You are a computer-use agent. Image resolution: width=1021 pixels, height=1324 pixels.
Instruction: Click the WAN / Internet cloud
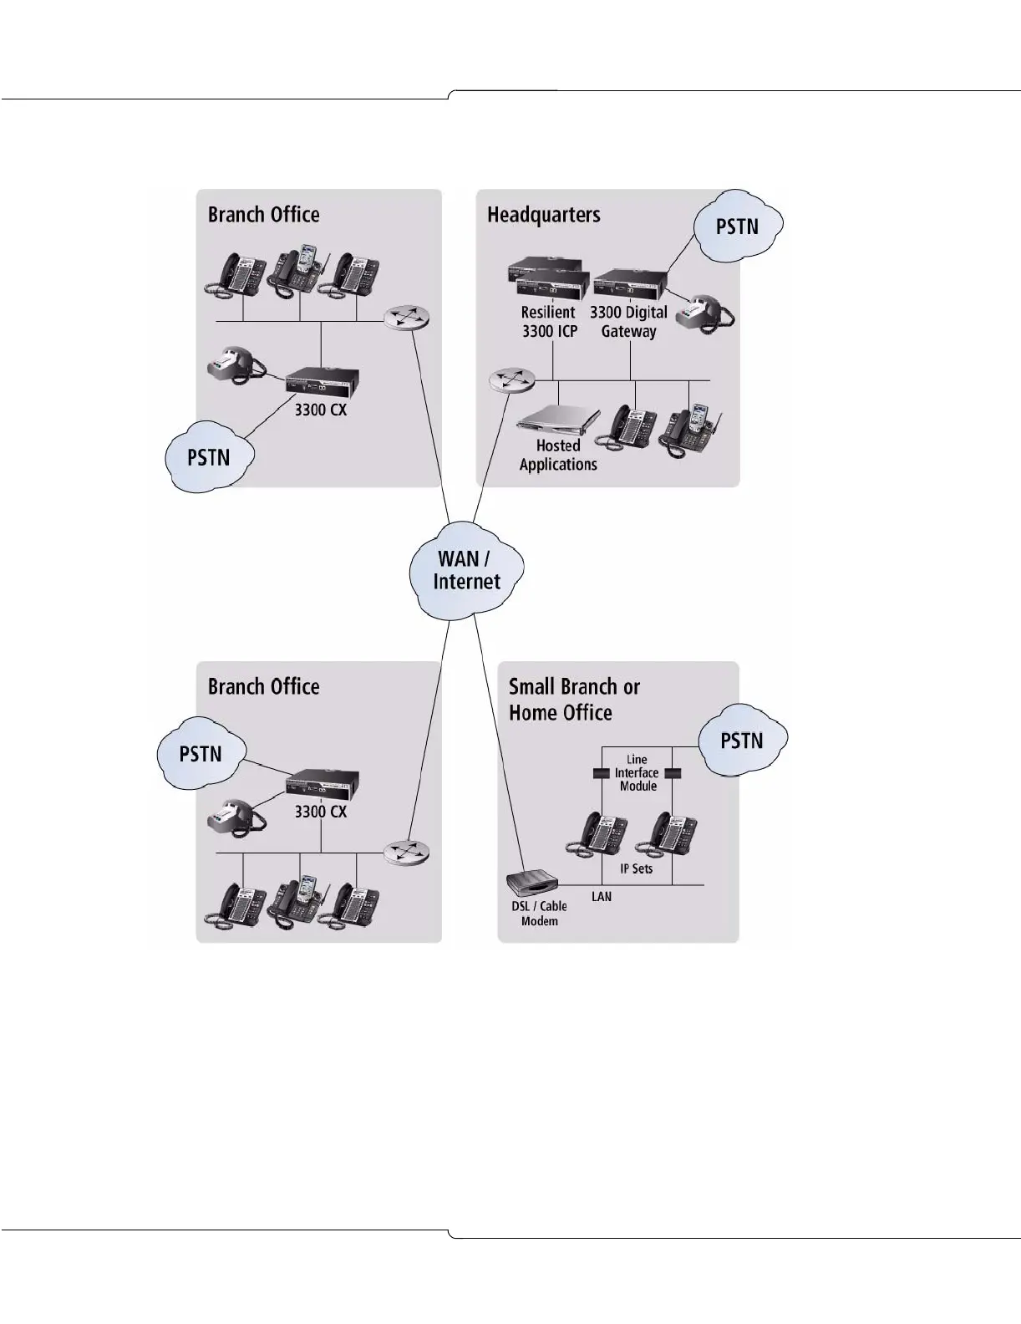point(466,571)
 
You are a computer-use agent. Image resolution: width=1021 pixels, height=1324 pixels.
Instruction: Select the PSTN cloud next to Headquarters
point(737,226)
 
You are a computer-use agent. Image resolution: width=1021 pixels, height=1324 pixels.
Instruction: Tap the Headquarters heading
point(543,215)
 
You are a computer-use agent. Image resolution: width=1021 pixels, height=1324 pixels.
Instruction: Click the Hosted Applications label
point(558,456)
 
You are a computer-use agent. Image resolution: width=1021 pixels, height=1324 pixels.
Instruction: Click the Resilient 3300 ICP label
point(548,322)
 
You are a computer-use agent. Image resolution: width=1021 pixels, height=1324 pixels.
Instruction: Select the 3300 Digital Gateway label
point(628,322)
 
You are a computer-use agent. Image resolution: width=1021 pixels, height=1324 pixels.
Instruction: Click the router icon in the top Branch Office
point(407,318)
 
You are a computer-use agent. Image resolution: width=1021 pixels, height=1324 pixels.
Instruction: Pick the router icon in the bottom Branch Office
point(407,852)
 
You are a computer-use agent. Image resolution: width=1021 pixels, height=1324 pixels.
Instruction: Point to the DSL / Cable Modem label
point(539,914)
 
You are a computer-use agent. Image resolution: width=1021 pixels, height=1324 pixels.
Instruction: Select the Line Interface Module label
point(637,773)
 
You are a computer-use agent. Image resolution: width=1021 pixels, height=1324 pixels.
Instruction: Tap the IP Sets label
point(636,869)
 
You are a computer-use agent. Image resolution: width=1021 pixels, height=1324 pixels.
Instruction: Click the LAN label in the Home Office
point(602,897)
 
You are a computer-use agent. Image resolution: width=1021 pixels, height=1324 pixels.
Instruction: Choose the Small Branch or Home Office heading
point(574,700)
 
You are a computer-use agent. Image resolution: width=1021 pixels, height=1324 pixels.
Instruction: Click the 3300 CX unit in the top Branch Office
point(322,383)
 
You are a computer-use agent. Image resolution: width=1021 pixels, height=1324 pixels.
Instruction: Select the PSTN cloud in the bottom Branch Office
point(201,754)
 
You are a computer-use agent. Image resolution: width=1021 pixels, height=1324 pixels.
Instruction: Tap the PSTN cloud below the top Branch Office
point(208,458)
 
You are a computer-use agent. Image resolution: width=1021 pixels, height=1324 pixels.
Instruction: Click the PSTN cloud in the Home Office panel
point(741,741)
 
